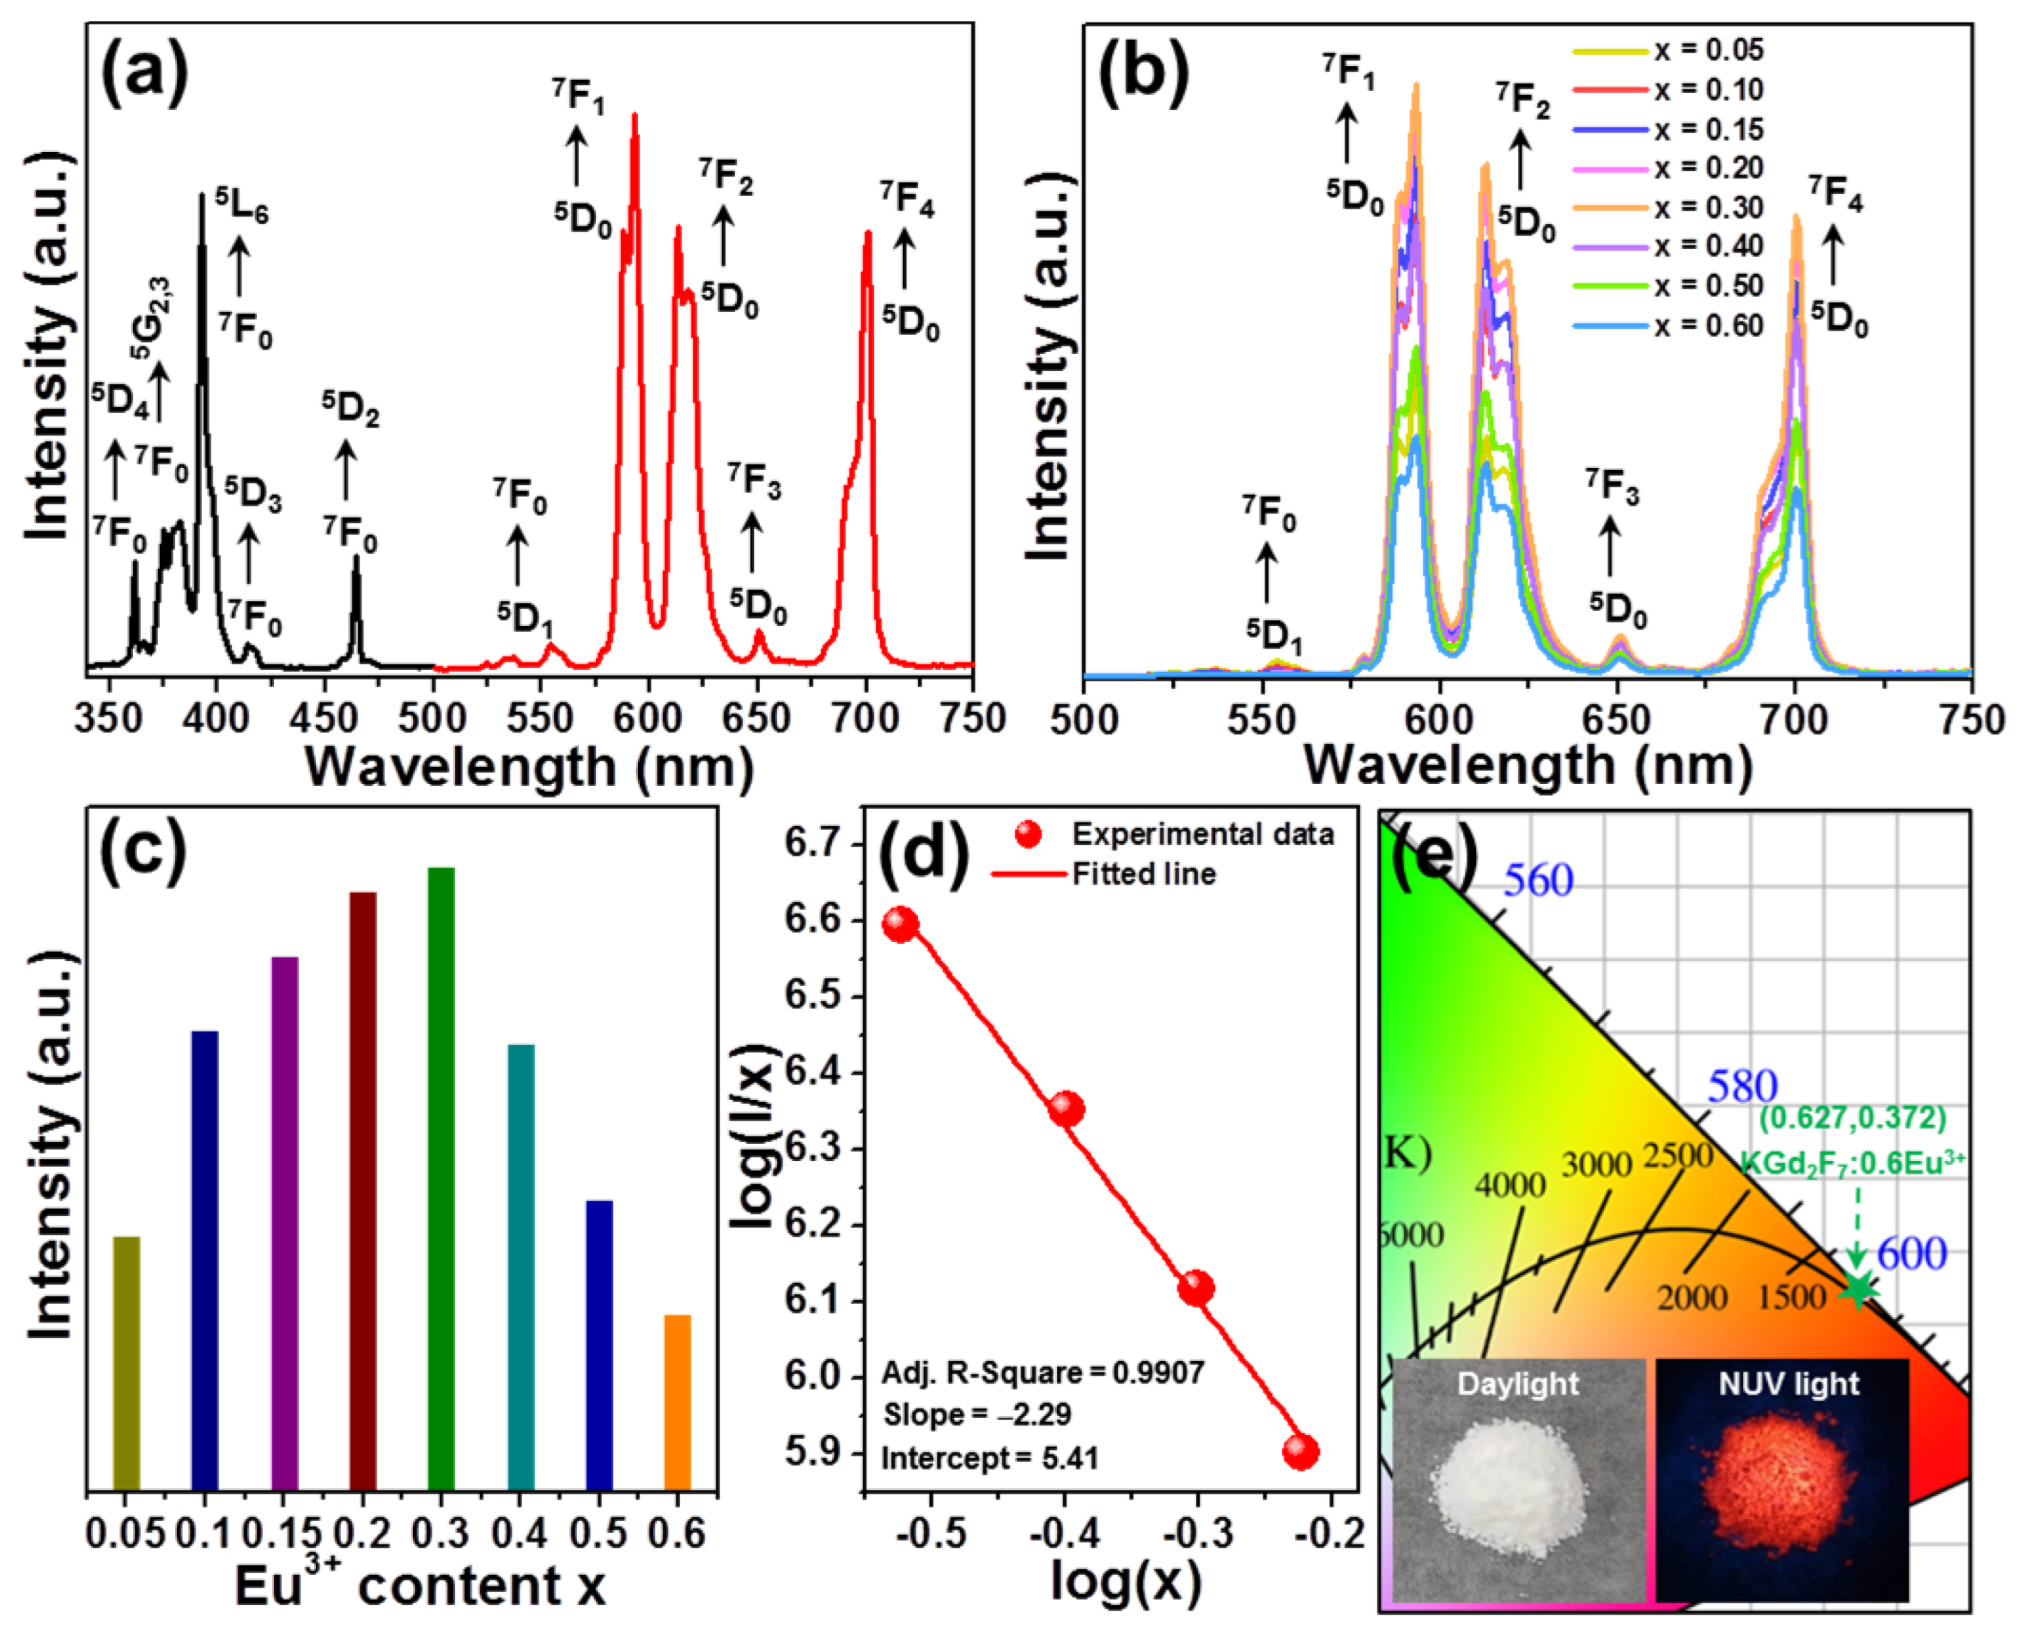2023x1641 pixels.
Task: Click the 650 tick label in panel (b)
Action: click(x=1617, y=721)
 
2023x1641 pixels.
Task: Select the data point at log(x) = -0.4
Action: click(x=1066, y=1108)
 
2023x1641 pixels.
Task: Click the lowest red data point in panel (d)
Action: click(x=1300, y=1451)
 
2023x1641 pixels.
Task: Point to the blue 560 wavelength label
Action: click(x=1538, y=881)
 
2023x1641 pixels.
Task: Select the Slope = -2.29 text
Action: click(x=976, y=1415)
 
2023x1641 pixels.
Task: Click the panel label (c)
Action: click(x=142, y=851)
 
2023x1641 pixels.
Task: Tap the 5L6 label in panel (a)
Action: click(x=241, y=205)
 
